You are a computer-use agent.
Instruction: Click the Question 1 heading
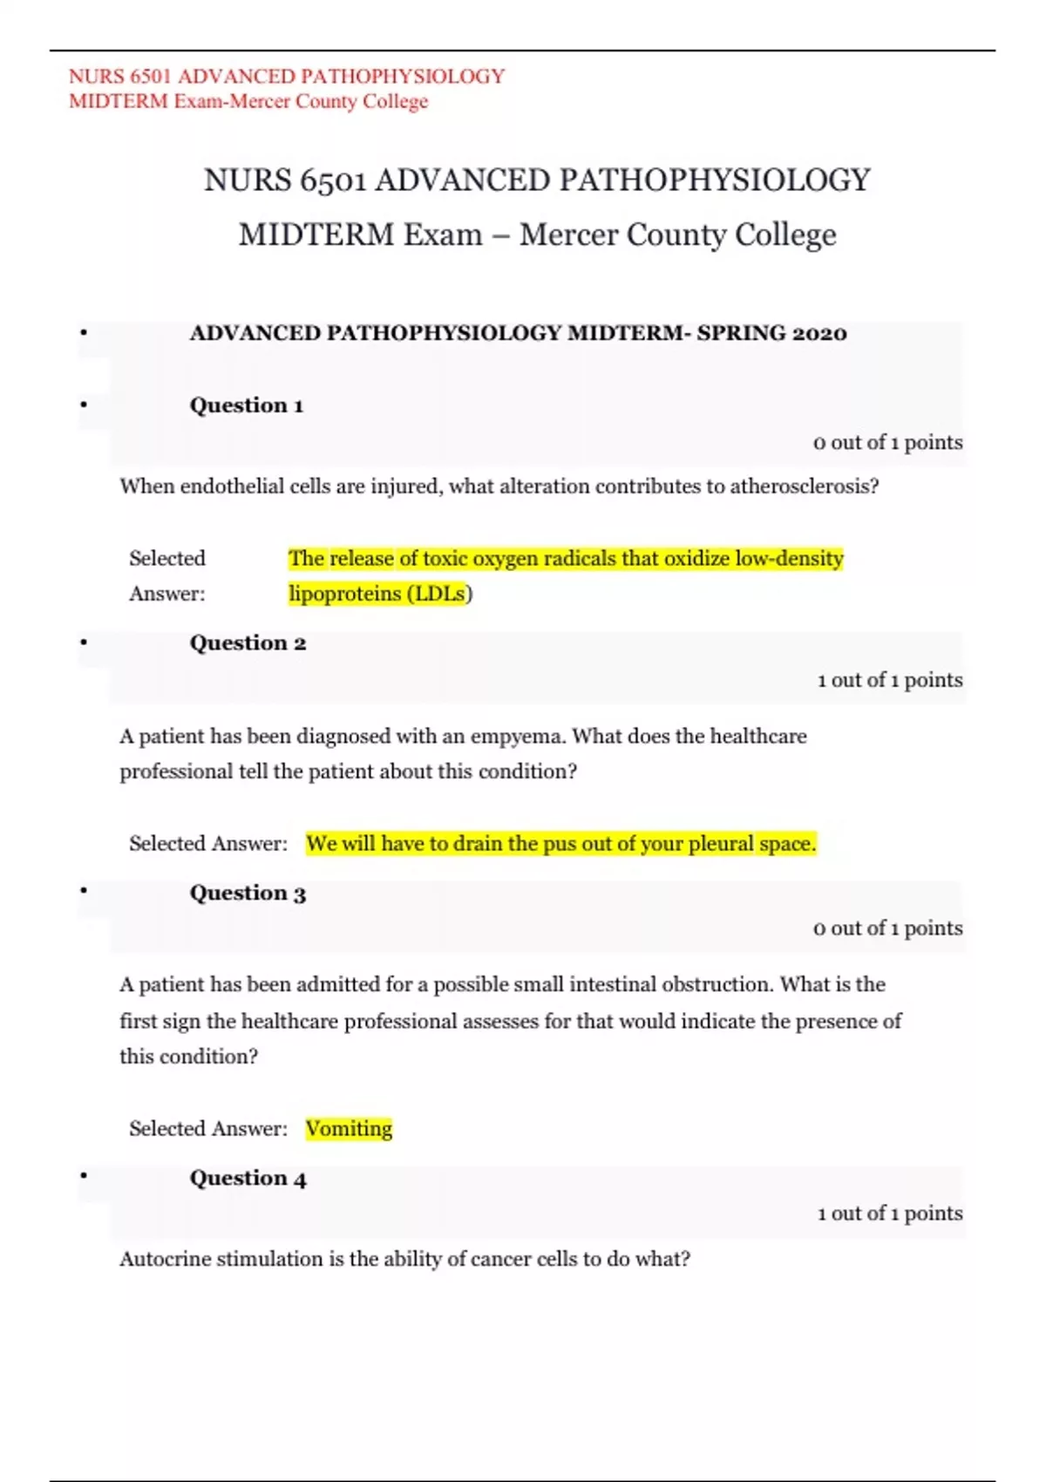pyautogui.click(x=247, y=405)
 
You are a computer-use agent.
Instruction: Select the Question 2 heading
pyautogui.click(x=248, y=643)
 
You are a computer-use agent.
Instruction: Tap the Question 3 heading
pyautogui.click(x=248, y=894)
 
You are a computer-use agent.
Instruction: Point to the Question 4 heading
pyautogui.click(x=248, y=1179)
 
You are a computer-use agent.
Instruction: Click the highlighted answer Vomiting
pyautogui.click(x=349, y=1129)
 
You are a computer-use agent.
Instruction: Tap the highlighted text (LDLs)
pyautogui.click(x=440, y=595)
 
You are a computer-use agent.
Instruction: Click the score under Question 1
pyautogui.click(x=887, y=443)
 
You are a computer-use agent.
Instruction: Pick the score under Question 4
pyautogui.click(x=889, y=1213)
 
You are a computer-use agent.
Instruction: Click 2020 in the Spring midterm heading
pyautogui.click(x=819, y=333)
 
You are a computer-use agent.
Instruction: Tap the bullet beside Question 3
pyautogui.click(x=84, y=891)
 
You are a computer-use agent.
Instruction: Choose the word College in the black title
pyautogui.click(x=785, y=235)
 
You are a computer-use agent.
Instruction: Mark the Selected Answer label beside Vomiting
pyautogui.click(x=207, y=1129)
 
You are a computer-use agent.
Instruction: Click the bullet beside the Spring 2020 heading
pyautogui.click(x=84, y=332)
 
